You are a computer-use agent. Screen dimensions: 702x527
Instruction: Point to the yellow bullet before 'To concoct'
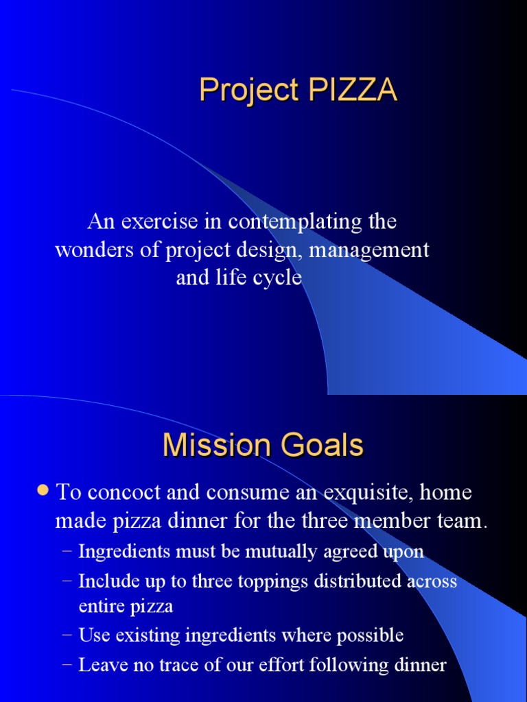[x=43, y=491]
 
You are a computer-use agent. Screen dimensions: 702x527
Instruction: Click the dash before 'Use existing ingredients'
[x=66, y=636]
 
